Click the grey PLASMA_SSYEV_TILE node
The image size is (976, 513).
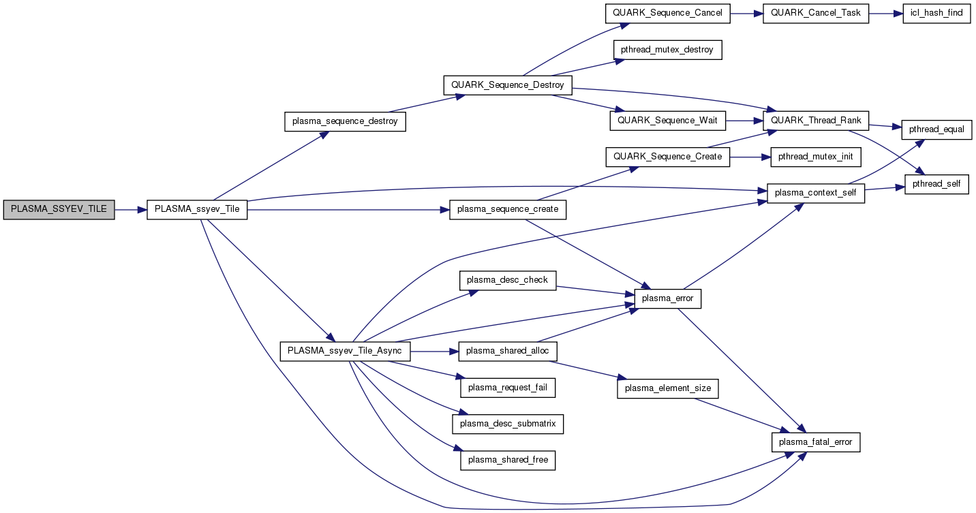click(x=59, y=209)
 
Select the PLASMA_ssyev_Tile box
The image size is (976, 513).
click(x=197, y=209)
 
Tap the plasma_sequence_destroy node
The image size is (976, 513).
click(x=344, y=121)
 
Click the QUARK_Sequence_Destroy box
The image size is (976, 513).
click(x=508, y=85)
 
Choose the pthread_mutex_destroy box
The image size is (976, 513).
click(x=667, y=50)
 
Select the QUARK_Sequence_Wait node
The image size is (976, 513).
click(x=667, y=121)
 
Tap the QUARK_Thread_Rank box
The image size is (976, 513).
click(x=815, y=121)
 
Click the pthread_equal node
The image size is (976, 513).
click(x=936, y=129)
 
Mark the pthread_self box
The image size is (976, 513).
click(x=936, y=185)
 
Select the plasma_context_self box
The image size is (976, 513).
click(x=816, y=193)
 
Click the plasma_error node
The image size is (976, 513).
click(x=668, y=298)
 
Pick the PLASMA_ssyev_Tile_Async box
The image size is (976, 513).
click(x=346, y=351)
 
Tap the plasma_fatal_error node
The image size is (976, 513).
click(x=816, y=441)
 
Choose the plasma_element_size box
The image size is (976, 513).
click(x=668, y=388)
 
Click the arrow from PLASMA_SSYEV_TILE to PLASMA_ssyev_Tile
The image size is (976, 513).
click(x=131, y=209)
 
